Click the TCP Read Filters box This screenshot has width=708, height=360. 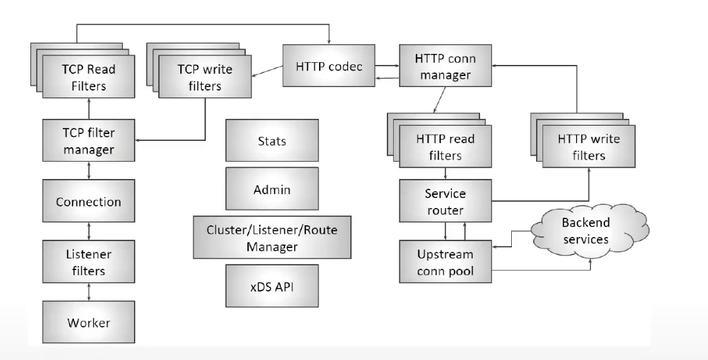point(84,77)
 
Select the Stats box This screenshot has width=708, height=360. point(272,141)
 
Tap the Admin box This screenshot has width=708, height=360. point(272,189)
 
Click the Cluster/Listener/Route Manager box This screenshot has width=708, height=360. point(272,237)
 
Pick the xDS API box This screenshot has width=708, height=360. point(272,285)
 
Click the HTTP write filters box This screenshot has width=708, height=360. point(589,146)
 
